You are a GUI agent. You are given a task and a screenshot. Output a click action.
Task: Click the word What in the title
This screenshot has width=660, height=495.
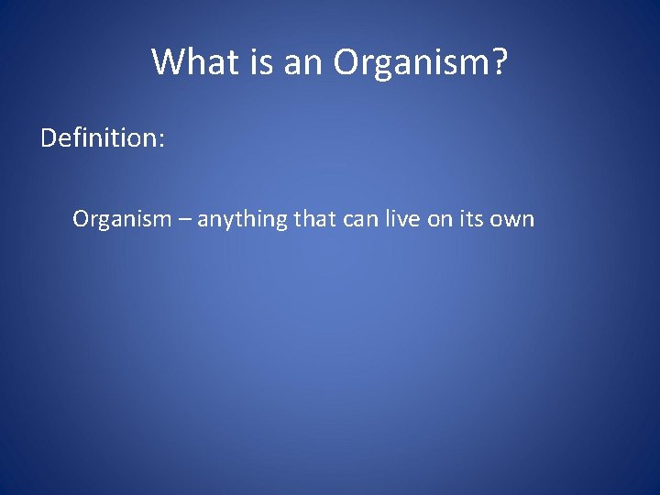[x=189, y=62]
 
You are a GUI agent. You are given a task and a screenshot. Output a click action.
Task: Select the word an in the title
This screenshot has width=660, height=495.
[x=299, y=62]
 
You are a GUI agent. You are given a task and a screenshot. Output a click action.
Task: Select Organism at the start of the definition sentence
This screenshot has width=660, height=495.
[x=122, y=219]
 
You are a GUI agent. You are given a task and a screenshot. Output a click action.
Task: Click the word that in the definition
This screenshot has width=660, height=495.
[x=314, y=219]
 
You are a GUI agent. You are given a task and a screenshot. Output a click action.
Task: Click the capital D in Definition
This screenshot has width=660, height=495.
[x=50, y=139]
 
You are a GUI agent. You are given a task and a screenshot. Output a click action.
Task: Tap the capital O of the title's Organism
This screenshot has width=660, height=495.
[x=346, y=62]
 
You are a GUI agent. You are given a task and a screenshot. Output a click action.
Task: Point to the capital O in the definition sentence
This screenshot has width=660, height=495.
[x=81, y=219]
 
